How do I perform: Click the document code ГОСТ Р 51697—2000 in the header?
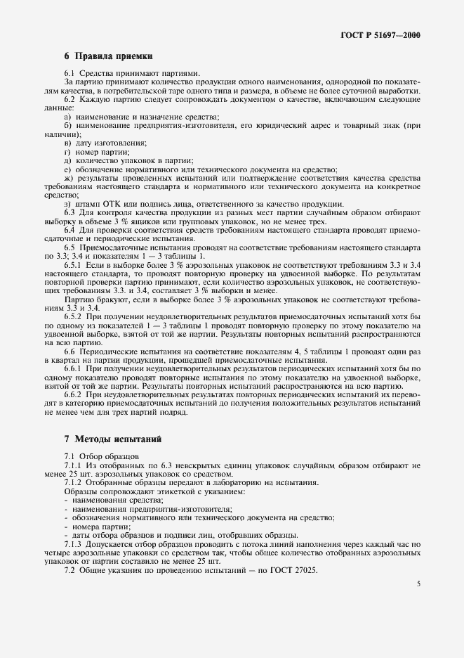(x=385, y=34)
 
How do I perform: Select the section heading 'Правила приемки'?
(x=114, y=56)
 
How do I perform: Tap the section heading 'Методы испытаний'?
(x=118, y=439)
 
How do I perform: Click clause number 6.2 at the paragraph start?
(x=70, y=99)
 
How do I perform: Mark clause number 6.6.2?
(x=74, y=396)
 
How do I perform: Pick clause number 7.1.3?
(x=74, y=545)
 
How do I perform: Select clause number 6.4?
(x=70, y=230)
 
